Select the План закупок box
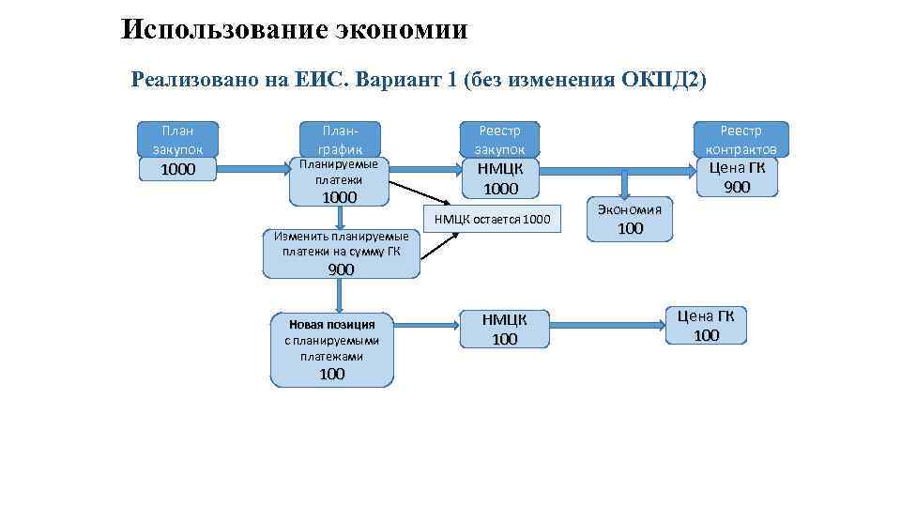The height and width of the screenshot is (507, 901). (177, 139)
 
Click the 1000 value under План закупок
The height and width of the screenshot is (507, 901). (178, 169)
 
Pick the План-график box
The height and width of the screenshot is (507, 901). (340, 139)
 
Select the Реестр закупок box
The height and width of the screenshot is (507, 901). (499, 139)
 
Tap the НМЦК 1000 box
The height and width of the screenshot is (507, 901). (500, 178)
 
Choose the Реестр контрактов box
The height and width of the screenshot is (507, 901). (741, 139)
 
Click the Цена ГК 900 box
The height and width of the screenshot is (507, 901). (737, 177)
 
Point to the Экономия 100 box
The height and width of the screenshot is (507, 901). (630, 219)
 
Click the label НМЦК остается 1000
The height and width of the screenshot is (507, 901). (492, 220)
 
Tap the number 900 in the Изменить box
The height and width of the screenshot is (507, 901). (341, 269)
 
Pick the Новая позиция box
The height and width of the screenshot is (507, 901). (331, 348)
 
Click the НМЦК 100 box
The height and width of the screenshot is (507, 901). (505, 329)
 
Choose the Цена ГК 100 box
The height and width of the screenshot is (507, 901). (706, 326)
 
